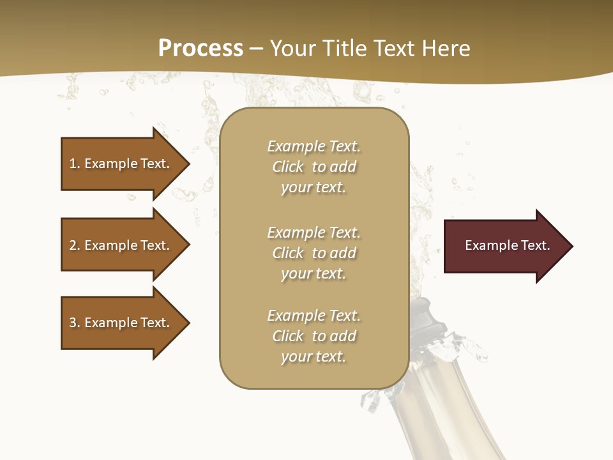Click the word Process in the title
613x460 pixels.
(x=201, y=49)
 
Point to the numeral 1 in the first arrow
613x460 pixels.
(x=73, y=164)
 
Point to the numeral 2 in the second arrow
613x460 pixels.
(x=73, y=245)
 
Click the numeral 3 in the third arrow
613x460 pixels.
(x=73, y=323)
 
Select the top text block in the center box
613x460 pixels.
(x=314, y=167)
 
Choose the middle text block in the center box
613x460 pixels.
(x=314, y=253)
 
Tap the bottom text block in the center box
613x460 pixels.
(x=314, y=336)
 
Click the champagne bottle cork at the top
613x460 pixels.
(x=422, y=313)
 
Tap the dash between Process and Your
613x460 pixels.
(x=257, y=49)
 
